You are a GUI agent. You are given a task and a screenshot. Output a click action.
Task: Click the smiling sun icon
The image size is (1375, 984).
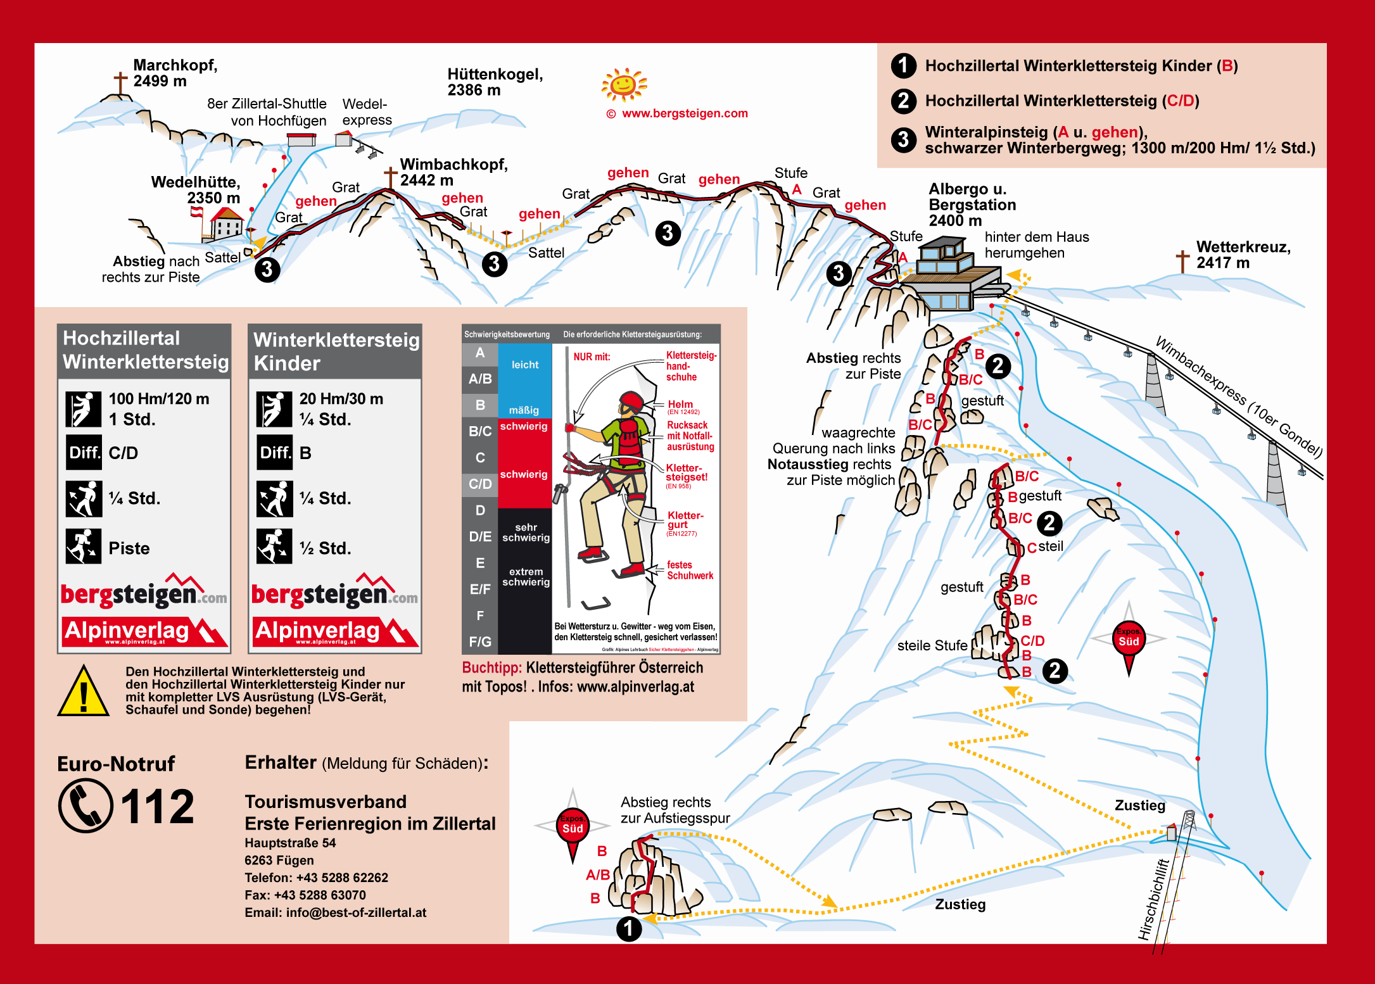click(624, 84)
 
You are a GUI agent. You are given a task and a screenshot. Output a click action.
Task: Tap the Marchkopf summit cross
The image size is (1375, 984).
click(120, 83)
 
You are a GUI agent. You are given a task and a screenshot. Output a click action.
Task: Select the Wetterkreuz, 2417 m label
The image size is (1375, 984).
click(1243, 255)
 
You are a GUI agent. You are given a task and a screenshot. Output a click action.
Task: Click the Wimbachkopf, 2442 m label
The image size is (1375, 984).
click(453, 172)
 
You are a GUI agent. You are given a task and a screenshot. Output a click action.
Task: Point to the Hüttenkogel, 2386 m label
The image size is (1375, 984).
click(495, 82)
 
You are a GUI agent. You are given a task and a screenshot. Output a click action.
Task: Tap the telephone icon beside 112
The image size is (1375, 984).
click(86, 805)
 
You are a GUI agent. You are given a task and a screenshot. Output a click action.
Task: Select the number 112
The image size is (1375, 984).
click(157, 807)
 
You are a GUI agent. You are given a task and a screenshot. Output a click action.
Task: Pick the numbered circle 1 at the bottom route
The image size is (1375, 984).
click(629, 929)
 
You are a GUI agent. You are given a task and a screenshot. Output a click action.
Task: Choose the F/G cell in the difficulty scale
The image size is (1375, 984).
click(480, 641)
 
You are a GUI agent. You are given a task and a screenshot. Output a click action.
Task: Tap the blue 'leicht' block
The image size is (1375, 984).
click(525, 365)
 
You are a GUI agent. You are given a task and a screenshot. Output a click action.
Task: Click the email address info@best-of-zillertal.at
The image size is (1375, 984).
click(335, 912)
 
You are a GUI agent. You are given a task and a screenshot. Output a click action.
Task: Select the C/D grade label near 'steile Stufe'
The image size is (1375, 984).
click(1032, 641)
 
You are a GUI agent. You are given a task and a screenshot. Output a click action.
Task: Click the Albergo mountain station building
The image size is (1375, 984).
click(950, 272)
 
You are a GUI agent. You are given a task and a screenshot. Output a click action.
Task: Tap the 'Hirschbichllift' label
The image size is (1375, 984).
click(1153, 899)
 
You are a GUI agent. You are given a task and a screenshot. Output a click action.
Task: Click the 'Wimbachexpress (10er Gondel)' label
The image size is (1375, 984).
click(1238, 397)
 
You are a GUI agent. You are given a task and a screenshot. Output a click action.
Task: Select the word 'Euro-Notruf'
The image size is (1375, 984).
click(116, 764)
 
